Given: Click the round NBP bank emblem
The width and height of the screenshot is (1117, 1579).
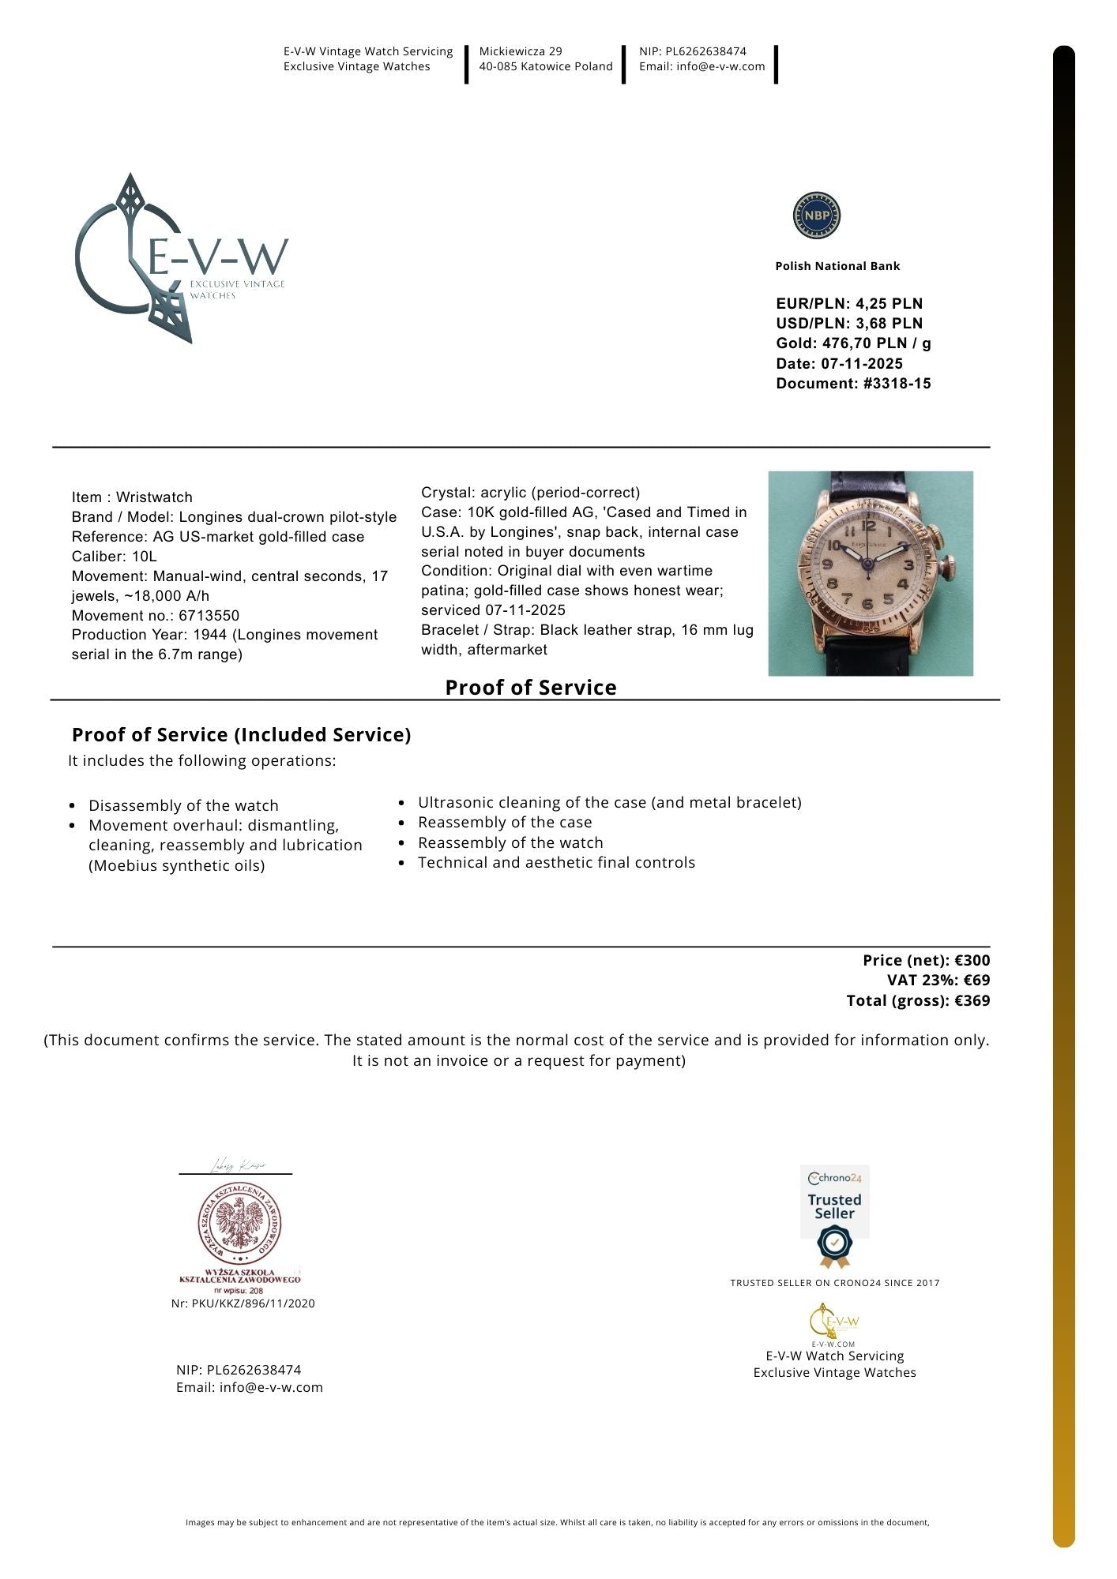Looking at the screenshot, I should tap(816, 216).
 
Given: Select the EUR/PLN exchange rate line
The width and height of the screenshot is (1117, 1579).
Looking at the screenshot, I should tap(849, 304).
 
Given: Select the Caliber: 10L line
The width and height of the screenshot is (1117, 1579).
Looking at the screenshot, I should tap(115, 557).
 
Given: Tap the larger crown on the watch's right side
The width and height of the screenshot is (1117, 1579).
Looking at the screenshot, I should tap(953, 567).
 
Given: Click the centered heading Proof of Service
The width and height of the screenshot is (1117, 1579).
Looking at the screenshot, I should tap(531, 688).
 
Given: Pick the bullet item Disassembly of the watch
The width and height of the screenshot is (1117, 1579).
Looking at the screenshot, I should tap(183, 806).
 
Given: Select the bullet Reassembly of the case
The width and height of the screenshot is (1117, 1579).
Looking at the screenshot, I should tap(505, 823).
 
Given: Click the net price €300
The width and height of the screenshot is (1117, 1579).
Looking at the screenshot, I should tap(972, 961).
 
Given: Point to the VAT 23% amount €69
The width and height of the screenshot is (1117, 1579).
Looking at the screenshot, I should tap(976, 981).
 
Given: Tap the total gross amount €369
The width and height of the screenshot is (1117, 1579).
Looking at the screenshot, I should tap(972, 1001).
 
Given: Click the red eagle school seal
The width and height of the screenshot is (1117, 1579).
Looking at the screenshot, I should tap(239, 1223).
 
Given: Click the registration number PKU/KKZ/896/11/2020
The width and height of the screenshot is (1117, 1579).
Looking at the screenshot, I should tap(253, 1303).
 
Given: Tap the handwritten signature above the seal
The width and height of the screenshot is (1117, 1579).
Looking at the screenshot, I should tap(237, 1166).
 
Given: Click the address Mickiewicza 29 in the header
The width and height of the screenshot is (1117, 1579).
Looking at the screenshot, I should tap(521, 51).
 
